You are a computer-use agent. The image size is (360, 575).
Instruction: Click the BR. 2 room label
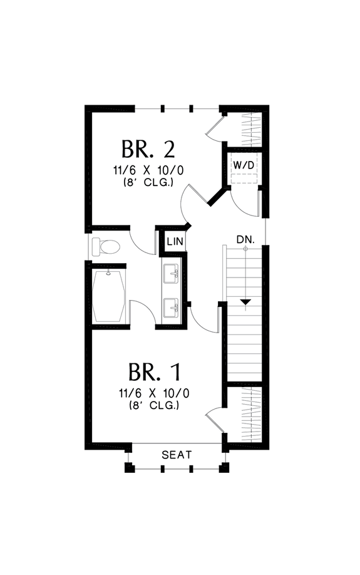pos(148,150)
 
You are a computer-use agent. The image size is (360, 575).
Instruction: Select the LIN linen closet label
pos(175,241)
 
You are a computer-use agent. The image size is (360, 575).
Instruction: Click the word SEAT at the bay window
pos(177,455)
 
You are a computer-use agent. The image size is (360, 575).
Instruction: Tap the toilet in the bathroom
pos(106,246)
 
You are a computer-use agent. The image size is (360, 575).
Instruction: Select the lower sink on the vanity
pos(171,308)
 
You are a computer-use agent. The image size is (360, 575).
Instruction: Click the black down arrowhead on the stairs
pos(246,303)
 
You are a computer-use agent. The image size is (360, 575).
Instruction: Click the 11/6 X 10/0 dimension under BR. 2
pos(148,170)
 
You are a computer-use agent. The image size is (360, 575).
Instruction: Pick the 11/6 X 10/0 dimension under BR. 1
pos(154,393)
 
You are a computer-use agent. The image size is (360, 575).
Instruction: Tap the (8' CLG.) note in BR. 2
pos(148,182)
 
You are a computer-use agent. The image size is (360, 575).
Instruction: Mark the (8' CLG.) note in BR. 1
pos(154,405)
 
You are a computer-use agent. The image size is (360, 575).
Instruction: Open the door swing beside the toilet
pos(143,241)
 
